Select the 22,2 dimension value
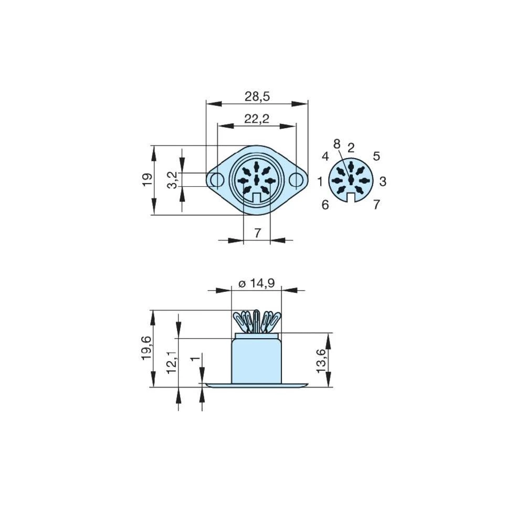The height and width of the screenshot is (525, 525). pos(257,119)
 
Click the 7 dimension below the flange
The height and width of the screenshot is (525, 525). pos(257,233)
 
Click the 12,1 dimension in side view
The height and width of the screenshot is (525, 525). pos(172,361)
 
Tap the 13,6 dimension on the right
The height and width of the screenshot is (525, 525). pos(321,361)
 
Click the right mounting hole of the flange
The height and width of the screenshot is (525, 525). pos(297,180)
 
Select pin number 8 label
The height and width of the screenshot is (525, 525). pos(337,143)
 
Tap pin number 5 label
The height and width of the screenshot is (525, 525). pos(376,156)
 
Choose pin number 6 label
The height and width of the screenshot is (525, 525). pos(325,205)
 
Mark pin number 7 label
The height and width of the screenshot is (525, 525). pos(376,205)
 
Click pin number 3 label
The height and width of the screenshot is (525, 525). pos(383,182)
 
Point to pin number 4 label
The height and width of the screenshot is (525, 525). pos(325,156)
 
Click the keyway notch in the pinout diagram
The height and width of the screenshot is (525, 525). pos(351,197)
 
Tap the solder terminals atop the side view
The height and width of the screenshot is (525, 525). pos(257,321)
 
